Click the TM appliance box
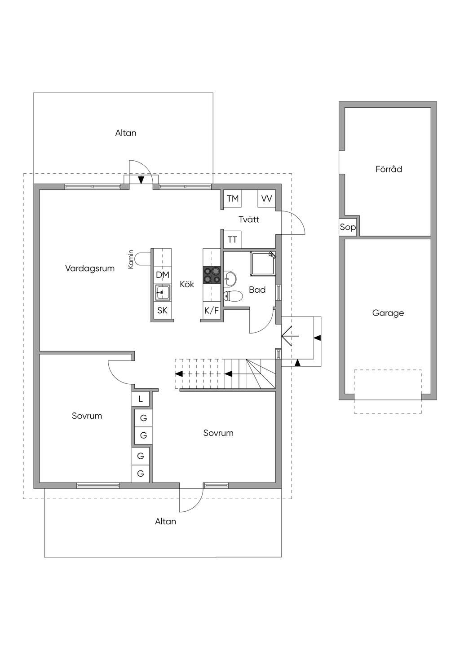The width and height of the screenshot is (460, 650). [233, 199]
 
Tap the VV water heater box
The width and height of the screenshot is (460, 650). [266, 199]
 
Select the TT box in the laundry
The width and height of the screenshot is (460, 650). [232, 240]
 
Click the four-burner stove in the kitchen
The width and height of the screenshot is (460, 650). [212, 275]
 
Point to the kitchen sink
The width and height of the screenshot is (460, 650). [162, 293]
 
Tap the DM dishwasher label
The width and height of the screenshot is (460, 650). [162, 275]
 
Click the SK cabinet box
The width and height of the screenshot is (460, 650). [162, 311]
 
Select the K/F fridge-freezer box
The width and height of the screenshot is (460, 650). [212, 311]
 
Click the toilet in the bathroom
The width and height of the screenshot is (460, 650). [233, 296]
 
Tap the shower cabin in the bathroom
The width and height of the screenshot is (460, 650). [263, 264]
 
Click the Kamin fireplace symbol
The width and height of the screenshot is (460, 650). [143, 259]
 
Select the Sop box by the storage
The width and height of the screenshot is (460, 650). [348, 227]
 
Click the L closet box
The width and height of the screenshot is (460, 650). [141, 399]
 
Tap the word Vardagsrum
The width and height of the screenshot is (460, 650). [90, 268]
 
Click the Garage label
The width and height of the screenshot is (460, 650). [388, 313]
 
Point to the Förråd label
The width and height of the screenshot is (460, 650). [389, 169]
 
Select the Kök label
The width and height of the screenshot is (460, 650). [187, 284]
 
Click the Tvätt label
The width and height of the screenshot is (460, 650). [249, 219]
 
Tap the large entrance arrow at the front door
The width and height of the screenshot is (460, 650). [290, 336]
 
